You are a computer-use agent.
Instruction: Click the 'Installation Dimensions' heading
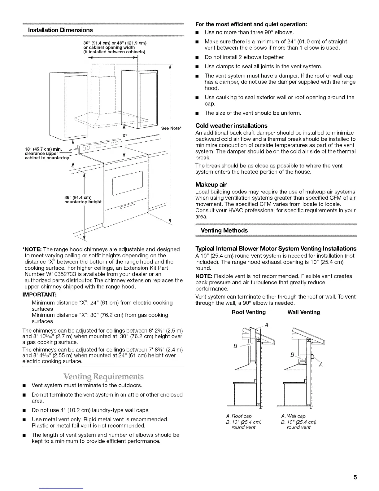pos(60,30)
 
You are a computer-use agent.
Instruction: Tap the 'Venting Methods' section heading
pos(224,230)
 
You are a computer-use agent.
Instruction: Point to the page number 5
pos(355,477)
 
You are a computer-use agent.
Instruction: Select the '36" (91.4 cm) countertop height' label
pos(83,200)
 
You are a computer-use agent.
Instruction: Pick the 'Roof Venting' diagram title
pos(249,312)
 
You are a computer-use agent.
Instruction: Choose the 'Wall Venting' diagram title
pos(303,312)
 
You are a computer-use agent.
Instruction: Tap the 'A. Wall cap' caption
pos(293,416)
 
